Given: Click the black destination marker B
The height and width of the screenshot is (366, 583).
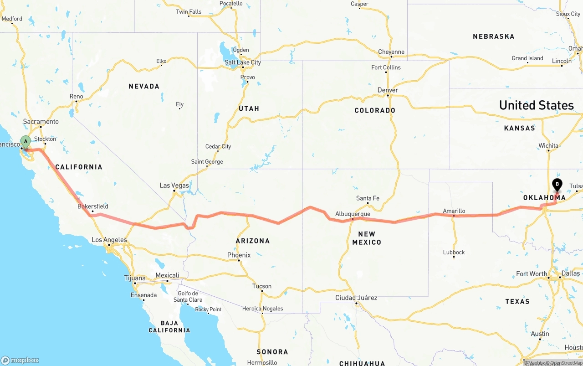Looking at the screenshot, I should tap(557, 184).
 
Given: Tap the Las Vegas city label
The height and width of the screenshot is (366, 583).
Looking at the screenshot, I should tap(174, 186).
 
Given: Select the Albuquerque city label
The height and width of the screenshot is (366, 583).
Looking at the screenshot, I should tap(353, 214).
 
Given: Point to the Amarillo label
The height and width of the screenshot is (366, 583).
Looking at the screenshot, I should tap(454, 211).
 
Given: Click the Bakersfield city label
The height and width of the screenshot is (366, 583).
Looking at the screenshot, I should tap(93, 206).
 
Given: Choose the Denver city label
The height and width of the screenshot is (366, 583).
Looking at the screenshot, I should tap(388, 90).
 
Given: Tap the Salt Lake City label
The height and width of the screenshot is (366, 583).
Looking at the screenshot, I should tap(243, 62).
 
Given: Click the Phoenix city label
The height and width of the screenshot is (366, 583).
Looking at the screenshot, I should tap(239, 255).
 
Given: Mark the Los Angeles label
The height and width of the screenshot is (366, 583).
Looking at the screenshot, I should tap(109, 240).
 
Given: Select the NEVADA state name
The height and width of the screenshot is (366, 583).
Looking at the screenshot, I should tap(144, 86).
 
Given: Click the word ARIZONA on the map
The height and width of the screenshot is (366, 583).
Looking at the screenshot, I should tap(253, 241).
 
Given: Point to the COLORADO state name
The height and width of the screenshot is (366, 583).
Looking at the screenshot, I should tap(375, 110).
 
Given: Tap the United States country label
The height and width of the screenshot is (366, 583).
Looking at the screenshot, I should tap(536, 105).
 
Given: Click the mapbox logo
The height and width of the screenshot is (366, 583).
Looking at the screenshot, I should tap(20, 360).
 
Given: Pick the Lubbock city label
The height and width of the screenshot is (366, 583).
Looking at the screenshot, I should tap(454, 252).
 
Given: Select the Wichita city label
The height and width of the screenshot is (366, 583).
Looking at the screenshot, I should tap(548, 146).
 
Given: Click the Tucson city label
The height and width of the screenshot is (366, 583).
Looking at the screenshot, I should tap(262, 286).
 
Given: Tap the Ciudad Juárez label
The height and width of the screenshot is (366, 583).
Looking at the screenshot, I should tap(356, 298).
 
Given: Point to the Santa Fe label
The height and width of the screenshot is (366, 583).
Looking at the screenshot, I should tap(368, 198).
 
